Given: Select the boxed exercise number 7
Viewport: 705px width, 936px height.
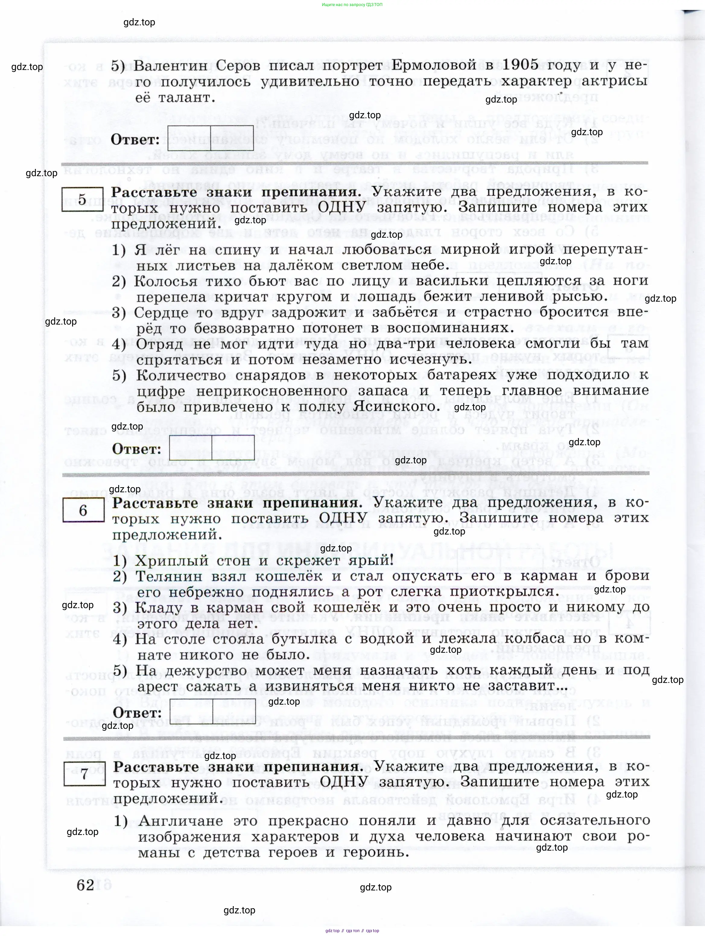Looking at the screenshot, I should coord(85,774).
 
